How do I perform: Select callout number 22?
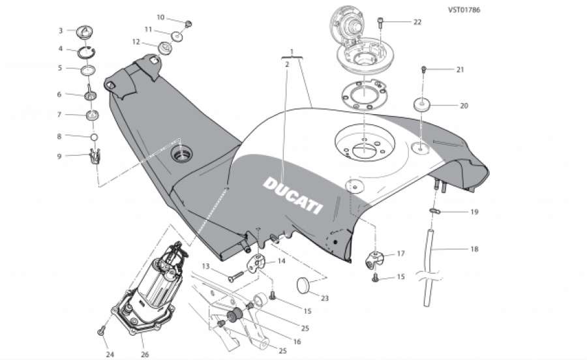[417, 22]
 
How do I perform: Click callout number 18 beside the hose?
[474, 248]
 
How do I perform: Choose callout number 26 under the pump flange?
[144, 353]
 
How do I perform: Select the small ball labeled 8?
[94, 137]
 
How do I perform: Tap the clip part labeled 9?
[95, 157]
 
